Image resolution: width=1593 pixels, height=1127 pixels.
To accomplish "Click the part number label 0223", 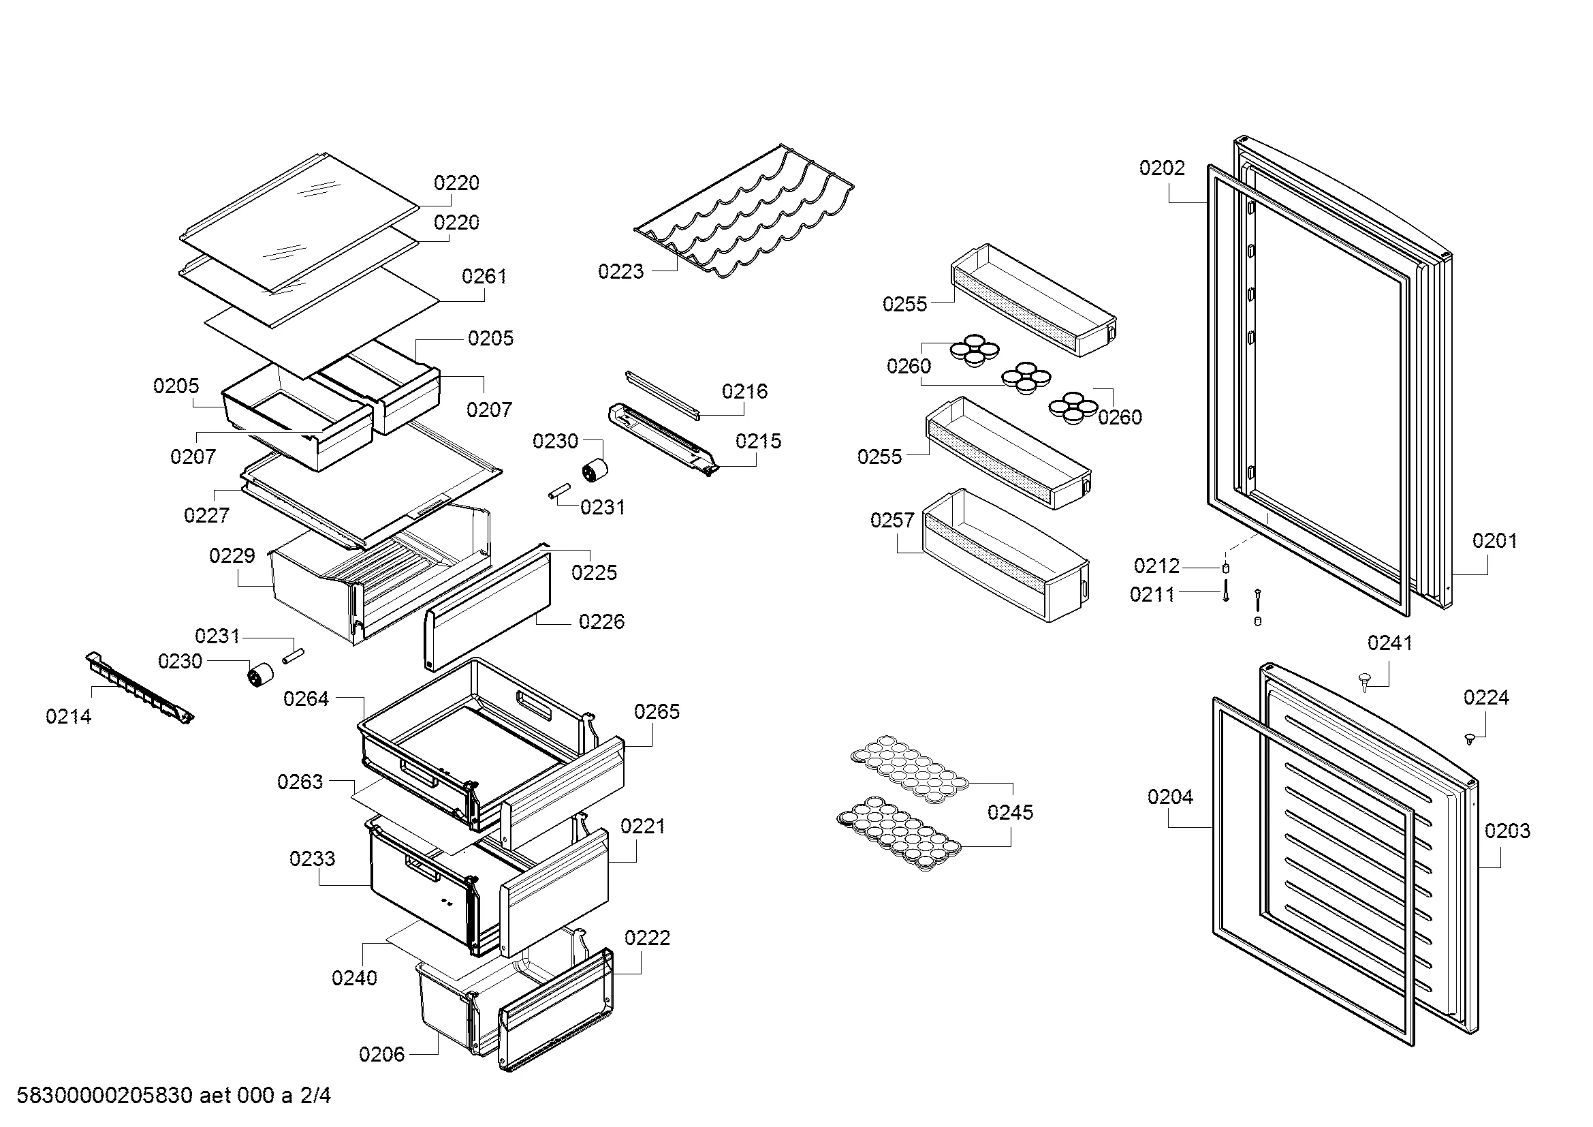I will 620,272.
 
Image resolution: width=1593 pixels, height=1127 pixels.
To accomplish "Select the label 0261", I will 484,277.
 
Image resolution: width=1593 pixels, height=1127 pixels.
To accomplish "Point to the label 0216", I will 744,392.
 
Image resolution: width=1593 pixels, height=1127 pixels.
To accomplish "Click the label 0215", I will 757,442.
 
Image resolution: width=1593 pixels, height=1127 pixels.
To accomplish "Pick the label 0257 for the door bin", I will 892,521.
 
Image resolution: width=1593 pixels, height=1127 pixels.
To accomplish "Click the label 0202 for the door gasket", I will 1161,168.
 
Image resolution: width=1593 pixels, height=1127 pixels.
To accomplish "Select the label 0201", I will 1494,540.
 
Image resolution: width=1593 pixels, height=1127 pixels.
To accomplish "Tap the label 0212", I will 1156,566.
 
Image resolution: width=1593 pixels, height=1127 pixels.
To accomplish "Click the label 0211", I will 1152,595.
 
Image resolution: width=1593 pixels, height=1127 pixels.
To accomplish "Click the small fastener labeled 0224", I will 1469,739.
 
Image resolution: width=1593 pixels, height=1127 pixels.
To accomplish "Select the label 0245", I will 1009,813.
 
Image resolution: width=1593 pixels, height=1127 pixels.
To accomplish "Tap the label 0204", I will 1170,797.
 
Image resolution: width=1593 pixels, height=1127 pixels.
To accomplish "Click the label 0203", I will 1507,831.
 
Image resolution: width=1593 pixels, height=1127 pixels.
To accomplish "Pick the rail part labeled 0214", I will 139,688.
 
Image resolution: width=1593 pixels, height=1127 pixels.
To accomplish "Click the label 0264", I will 305,699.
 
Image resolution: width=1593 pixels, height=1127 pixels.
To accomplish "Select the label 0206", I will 381,1055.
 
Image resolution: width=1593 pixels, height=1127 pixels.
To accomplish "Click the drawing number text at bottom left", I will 174,1096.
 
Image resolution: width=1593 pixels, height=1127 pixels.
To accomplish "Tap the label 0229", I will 232,556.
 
